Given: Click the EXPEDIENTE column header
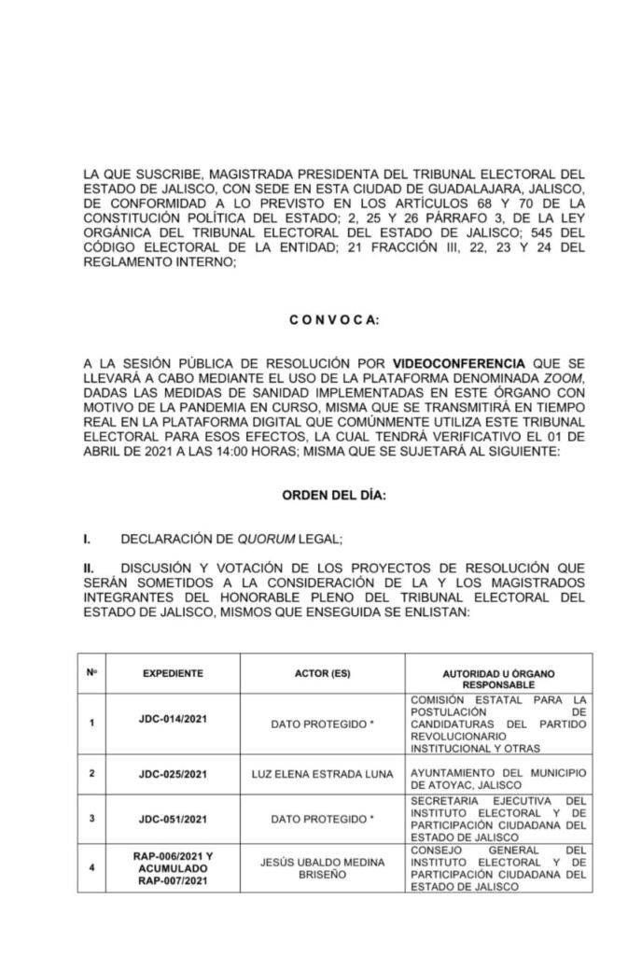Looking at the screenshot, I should click(173, 673).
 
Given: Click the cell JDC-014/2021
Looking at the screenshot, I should click(173, 723).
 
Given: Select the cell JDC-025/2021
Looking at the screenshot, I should click(173, 774).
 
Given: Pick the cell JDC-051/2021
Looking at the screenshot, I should click(173, 819).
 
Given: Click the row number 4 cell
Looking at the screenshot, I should click(91, 868).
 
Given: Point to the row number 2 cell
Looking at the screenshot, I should click(91, 774).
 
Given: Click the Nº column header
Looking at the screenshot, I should click(91, 672).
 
